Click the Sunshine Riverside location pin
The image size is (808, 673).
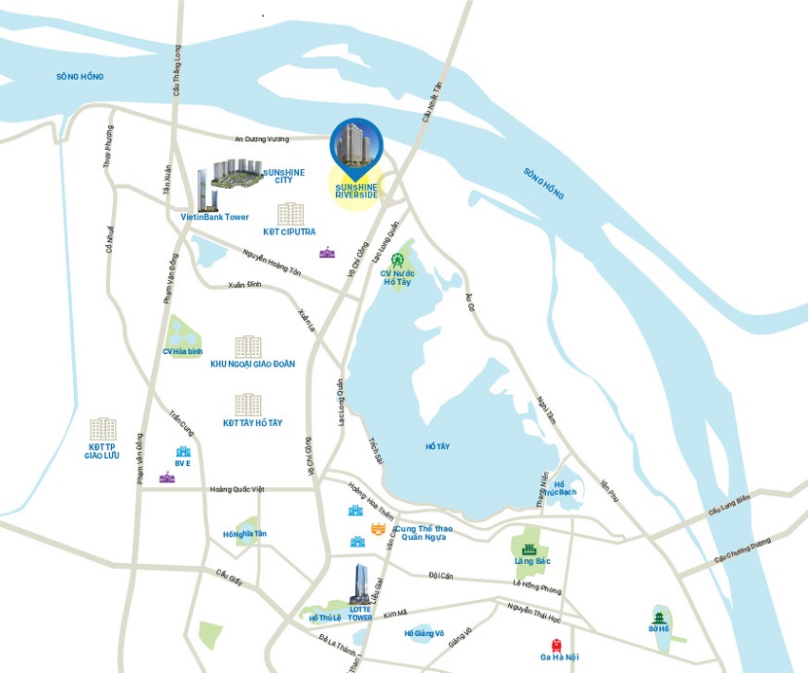[x=356, y=149]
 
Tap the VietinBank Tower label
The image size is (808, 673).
[x=214, y=217]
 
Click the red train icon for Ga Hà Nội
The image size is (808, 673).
[x=557, y=644]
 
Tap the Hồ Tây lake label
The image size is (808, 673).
[x=437, y=445]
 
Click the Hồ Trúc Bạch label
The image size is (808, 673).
[x=559, y=488]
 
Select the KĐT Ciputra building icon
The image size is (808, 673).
[x=289, y=215]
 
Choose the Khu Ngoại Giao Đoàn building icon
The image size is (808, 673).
[x=248, y=347]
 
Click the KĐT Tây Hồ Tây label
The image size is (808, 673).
[x=252, y=423]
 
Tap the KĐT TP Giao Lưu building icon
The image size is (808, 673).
[x=102, y=429]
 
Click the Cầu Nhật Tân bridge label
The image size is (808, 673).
[x=427, y=101]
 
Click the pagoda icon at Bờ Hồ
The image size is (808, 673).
[x=660, y=615]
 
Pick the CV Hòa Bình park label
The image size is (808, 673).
[x=181, y=351]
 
